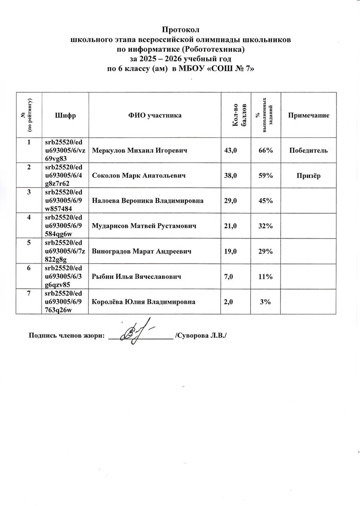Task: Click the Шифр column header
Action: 65,115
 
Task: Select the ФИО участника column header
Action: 155,115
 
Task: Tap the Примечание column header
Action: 308,115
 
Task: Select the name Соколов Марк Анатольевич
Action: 139,176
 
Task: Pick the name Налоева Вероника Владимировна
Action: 148,201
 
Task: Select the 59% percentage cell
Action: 265,176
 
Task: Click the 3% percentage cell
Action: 265,302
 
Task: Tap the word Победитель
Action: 308,150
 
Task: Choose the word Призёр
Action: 308,176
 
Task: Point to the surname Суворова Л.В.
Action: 200,336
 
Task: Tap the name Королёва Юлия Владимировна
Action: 144,302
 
